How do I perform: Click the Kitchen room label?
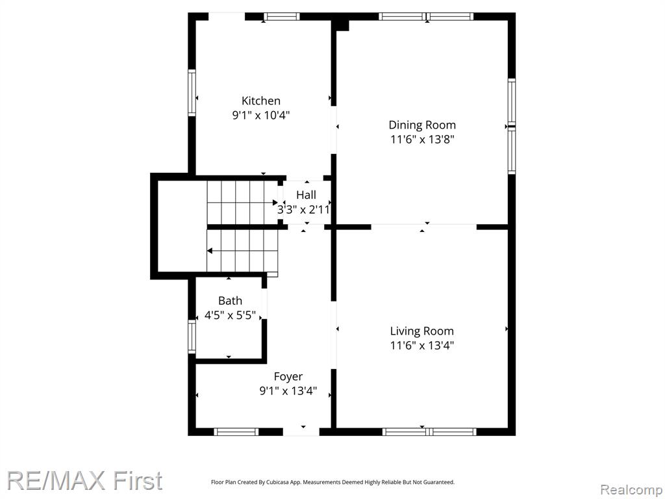pos(261,101)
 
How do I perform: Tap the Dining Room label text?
pos(422,125)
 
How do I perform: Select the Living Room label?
pos(421,331)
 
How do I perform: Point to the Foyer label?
pos(288,377)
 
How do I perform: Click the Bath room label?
pos(230,301)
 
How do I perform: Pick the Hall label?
pos(306,195)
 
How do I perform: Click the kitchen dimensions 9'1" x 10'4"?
pos(261,115)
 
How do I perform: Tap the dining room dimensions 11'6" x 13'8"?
pos(422,139)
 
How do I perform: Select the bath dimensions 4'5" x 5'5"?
pos(230,315)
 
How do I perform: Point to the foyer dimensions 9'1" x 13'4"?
pos(288,390)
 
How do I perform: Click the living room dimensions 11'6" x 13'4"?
pos(421,346)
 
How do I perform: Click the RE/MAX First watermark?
pos(84,481)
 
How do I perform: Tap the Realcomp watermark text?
pos(631,490)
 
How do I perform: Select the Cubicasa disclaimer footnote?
pos(332,482)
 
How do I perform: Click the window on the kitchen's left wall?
pos(192,93)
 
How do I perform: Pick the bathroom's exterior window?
pos(192,337)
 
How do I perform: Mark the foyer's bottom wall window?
pos(236,432)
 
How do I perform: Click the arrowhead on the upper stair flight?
pos(275,203)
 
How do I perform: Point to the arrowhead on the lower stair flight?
pos(210,251)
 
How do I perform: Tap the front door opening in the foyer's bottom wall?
pos(301,432)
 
